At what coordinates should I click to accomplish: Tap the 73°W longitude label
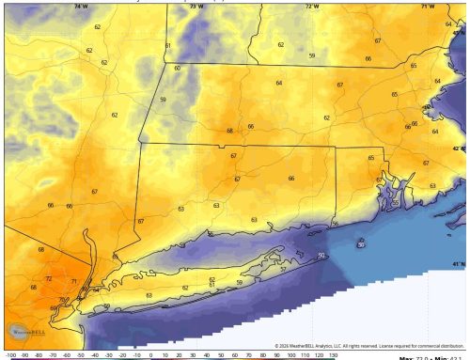pyautogui.click(x=196, y=6)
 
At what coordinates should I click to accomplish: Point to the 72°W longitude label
pyautogui.click(x=311, y=6)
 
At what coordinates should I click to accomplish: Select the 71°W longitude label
pyautogui.click(x=428, y=6)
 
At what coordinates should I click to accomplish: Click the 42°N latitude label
pyautogui.click(x=459, y=149)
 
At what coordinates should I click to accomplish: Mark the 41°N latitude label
pyautogui.click(x=459, y=264)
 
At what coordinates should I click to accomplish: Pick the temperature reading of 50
pyautogui.click(x=321, y=256)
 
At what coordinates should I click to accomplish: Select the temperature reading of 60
pyautogui.click(x=177, y=69)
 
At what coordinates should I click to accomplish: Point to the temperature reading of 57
pyautogui.click(x=283, y=269)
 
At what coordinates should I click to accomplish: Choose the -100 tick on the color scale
pyautogui.click(x=10, y=356)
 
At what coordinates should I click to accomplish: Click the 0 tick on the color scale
pyautogui.click(x=151, y=356)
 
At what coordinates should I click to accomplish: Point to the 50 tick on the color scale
pyautogui.click(x=221, y=356)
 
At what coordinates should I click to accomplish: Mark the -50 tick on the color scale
pyautogui.click(x=82, y=356)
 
